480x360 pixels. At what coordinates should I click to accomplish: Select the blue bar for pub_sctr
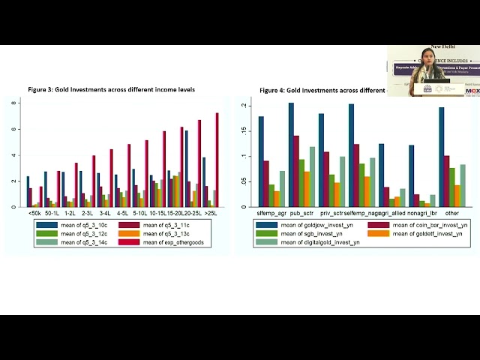pos(291,154)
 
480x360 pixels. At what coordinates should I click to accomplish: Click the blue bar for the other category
pos(442,157)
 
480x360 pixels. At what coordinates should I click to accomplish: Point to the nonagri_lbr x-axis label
pos(421,214)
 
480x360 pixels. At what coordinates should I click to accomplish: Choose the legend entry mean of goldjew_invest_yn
pos(309,225)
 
